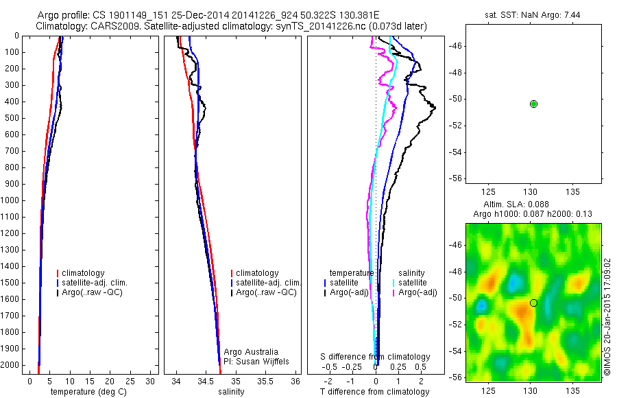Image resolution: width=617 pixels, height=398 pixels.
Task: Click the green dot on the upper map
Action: (x=533, y=104)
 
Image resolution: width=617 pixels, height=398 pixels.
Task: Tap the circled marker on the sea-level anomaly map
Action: (x=533, y=303)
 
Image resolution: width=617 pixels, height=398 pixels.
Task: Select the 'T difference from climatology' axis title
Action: (x=374, y=392)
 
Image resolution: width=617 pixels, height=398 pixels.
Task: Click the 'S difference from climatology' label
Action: (x=376, y=357)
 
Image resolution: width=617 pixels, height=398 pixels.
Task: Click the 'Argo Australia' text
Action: (x=252, y=351)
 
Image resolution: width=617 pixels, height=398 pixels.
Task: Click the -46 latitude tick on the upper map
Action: (x=456, y=46)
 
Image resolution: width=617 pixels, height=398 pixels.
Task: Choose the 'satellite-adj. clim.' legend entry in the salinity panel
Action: (x=268, y=283)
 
